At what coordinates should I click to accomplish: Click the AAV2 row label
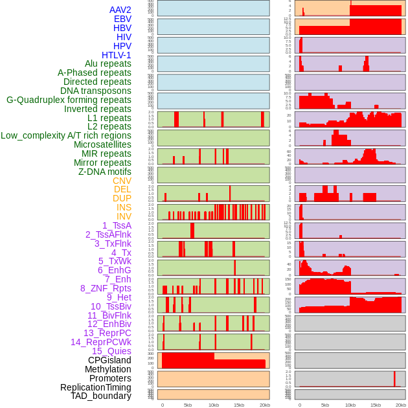click(x=120, y=10)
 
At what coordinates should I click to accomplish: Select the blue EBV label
click(x=122, y=19)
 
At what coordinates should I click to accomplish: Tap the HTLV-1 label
click(x=116, y=55)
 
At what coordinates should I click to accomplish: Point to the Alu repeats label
click(x=108, y=63)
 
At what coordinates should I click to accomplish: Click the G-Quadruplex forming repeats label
click(x=69, y=100)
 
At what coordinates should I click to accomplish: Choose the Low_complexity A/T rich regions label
click(x=66, y=135)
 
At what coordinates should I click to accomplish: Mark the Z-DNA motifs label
click(x=104, y=172)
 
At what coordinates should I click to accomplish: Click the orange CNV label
click(x=122, y=181)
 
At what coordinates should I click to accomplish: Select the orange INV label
click(x=124, y=216)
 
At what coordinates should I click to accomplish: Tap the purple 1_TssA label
click(x=117, y=225)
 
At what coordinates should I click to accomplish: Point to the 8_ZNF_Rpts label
click(x=106, y=288)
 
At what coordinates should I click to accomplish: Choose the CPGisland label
click(x=109, y=360)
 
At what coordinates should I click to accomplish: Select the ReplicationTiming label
click(x=95, y=387)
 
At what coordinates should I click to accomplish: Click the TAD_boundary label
click(x=100, y=396)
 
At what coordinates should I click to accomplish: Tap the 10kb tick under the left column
click(x=213, y=405)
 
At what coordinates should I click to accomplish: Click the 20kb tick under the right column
click(x=401, y=405)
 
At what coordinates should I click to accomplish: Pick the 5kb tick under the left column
click(x=188, y=405)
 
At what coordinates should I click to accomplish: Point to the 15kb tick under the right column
click(x=376, y=405)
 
